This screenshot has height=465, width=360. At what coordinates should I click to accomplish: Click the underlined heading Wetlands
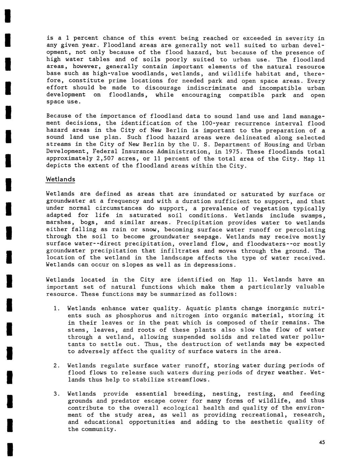coord(60,179)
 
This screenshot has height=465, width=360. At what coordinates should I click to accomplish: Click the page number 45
coord(322,443)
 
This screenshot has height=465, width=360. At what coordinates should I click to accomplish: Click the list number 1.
coord(56,308)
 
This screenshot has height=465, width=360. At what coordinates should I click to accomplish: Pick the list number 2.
coord(56,365)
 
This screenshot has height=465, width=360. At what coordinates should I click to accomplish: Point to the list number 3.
coord(56,394)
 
